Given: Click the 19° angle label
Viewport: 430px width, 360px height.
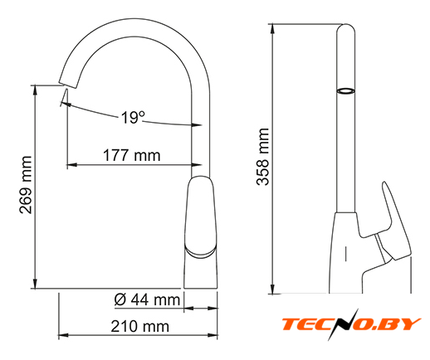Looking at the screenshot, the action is point(133,118).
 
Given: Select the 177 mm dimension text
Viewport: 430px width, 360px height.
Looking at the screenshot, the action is point(132,155).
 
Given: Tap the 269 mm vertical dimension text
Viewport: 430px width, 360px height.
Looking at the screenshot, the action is point(26,185).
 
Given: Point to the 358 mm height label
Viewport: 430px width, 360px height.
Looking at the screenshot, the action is point(262,157).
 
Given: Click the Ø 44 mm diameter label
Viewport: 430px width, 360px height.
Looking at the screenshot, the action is point(147,299).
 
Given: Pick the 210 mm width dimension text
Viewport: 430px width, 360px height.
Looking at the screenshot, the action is point(140,326).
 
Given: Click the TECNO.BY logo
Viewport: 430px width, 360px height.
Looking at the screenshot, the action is point(351,324).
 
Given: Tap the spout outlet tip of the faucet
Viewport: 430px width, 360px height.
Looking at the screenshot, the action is point(67,85).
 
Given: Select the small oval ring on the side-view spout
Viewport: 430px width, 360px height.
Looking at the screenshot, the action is point(345,91).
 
